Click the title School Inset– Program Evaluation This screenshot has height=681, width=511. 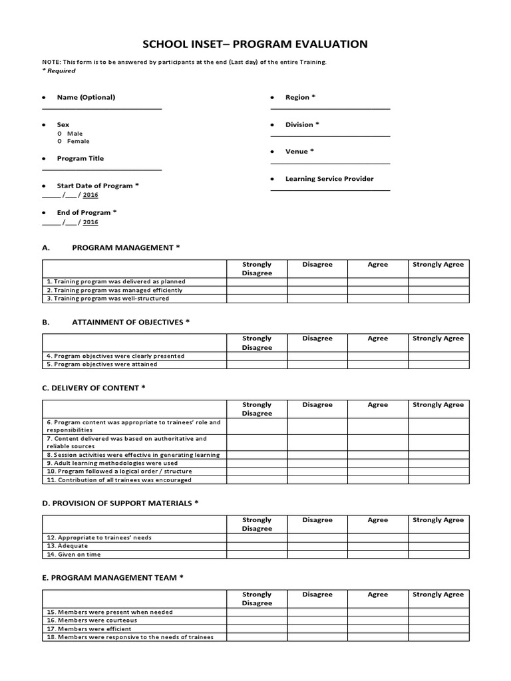click(x=255, y=45)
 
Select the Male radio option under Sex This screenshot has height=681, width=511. click(x=60, y=133)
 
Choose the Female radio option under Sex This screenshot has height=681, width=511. click(x=60, y=141)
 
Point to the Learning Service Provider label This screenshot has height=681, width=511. click(x=329, y=179)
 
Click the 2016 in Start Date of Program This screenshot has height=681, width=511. click(x=90, y=196)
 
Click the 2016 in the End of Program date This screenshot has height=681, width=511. click(x=90, y=222)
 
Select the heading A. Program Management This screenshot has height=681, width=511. click(x=111, y=247)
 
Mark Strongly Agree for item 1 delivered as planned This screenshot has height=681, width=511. click(x=438, y=281)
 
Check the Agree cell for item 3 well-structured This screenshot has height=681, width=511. click(x=377, y=299)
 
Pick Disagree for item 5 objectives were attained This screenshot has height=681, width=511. click(x=317, y=364)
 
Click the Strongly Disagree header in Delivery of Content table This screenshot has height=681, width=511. click(x=257, y=408)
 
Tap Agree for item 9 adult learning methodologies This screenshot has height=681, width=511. click(x=377, y=463)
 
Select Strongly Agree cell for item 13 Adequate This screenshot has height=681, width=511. click(x=438, y=545)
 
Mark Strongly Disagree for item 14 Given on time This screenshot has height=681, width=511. click(x=257, y=554)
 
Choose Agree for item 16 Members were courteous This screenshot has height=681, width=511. click(x=377, y=620)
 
